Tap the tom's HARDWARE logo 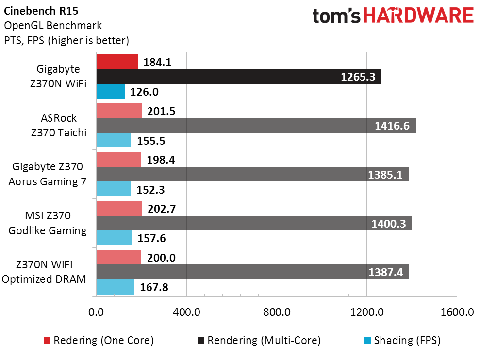(x=393, y=16)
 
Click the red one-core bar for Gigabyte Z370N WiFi (x=117, y=62)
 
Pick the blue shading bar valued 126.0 (x=111, y=92)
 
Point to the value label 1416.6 (x=392, y=126)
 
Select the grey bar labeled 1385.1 (x=252, y=174)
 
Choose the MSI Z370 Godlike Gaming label (x=48, y=223)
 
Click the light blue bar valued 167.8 (x=115, y=287)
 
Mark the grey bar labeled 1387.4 (x=252, y=272)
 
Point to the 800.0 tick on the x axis (x=277, y=312)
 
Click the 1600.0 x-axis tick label (x=456, y=312)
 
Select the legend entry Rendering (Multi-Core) (x=258, y=341)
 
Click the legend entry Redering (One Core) (x=99, y=341)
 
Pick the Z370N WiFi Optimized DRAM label (x=48, y=272)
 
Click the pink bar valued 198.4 (x=118, y=160)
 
